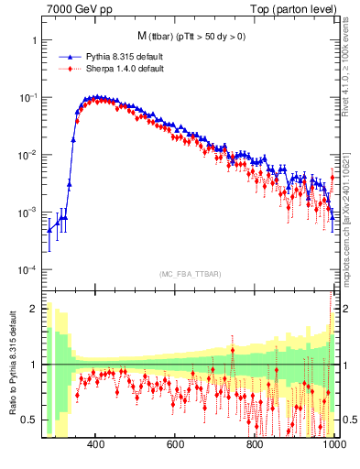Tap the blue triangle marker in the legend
point(65,56)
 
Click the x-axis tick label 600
point(176,445)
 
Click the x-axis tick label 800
point(255,445)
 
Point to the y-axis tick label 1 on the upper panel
point(34,41)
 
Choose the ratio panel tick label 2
point(34,309)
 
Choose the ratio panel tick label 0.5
point(30,420)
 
